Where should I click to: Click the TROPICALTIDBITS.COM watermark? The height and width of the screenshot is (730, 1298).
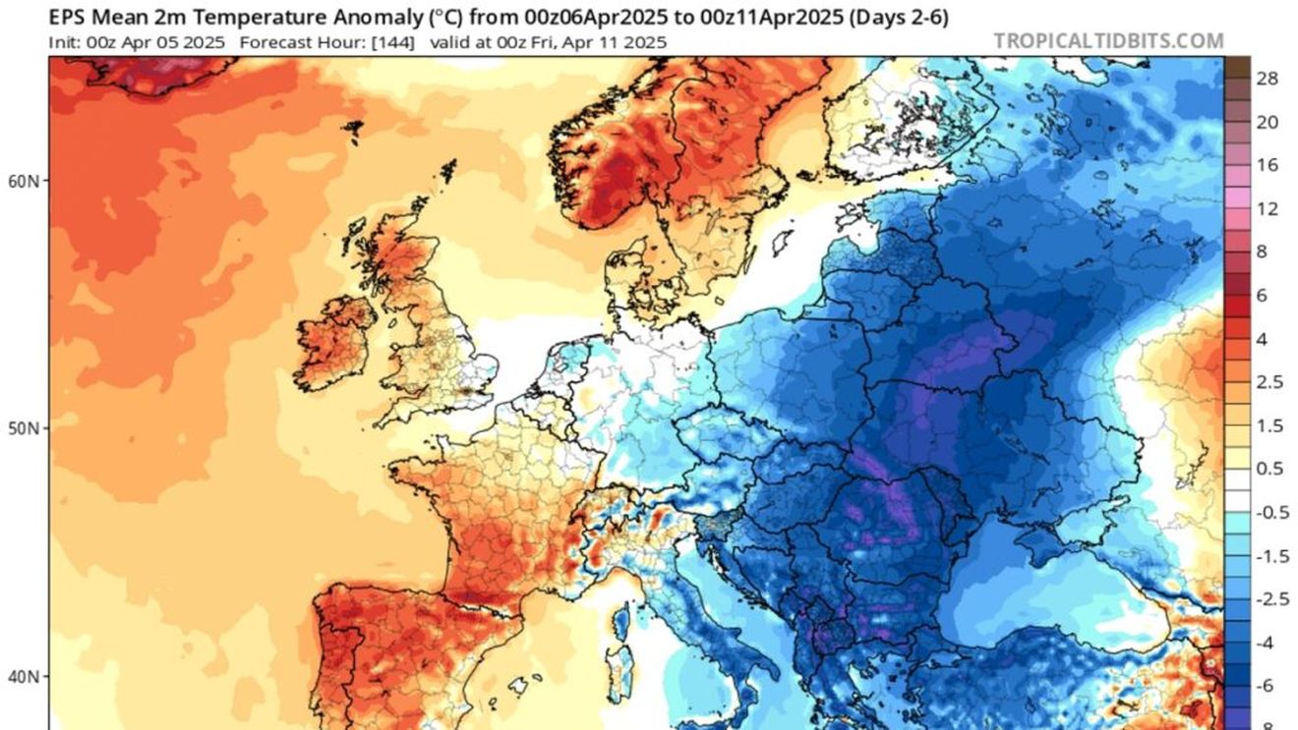1108,41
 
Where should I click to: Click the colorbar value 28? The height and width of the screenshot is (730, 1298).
1268,79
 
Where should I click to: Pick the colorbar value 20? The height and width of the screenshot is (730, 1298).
1268,122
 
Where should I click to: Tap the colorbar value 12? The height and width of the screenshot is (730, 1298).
1268,208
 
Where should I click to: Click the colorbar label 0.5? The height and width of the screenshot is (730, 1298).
1269,469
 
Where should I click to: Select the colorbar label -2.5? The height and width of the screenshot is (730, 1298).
1272,599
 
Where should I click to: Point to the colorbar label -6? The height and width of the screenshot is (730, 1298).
1267,686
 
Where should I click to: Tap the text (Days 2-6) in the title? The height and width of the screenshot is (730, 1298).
898,17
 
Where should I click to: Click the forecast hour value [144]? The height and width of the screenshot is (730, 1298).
394,42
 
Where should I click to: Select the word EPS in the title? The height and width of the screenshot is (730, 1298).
67,17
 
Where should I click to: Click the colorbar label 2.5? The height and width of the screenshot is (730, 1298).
1269,382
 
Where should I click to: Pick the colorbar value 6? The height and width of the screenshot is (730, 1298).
1263,296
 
